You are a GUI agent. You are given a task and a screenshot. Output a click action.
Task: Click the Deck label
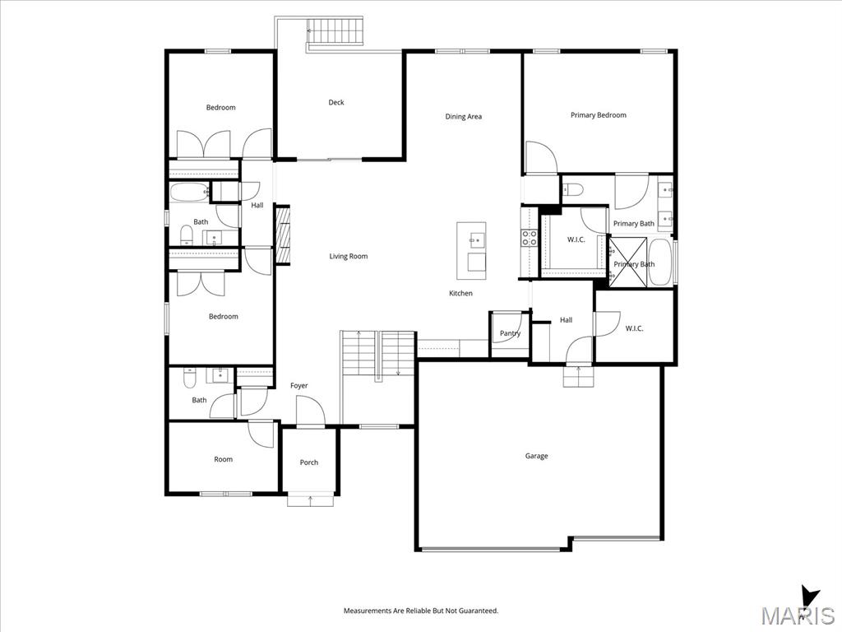(336, 102)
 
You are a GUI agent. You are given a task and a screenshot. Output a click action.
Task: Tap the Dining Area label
(464, 116)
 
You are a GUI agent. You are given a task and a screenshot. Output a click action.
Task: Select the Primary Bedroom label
(599, 115)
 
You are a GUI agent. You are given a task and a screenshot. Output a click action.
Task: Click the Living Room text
(349, 257)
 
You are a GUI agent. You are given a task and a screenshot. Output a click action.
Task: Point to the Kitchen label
(460, 294)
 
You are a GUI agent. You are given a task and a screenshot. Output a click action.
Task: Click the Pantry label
(510, 333)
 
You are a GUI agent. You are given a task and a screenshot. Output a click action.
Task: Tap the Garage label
(536, 456)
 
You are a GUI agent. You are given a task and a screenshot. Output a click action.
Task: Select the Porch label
(309, 462)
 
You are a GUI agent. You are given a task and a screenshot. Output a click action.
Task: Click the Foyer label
(299, 385)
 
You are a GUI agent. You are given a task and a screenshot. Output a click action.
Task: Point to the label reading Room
(224, 459)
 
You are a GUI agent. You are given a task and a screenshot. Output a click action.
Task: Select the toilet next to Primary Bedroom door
(573, 189)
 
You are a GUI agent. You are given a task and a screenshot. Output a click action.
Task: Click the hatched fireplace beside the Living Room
(283, 235)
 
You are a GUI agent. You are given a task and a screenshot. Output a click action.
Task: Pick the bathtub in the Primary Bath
(659, 263)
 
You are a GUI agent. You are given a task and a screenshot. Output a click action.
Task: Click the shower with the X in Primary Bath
(627, 261)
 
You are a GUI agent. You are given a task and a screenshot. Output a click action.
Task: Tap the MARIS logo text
(798, 615)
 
